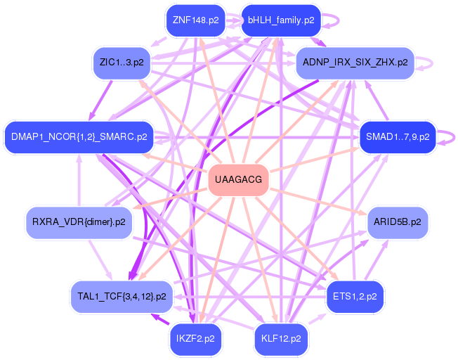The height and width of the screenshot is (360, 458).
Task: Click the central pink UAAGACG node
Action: (239, 180)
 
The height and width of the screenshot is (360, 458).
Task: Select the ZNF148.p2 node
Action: (195, 20)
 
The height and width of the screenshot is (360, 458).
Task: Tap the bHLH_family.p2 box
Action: (281, 20)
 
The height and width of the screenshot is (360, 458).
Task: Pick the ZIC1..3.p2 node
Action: (122, 63)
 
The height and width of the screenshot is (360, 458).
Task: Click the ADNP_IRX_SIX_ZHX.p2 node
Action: (355, 63)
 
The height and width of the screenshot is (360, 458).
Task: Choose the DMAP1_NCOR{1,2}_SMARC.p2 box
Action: (79, 136)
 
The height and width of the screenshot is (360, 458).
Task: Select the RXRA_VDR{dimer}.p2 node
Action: (79, 222)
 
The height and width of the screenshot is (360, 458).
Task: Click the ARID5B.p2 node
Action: (398, 222)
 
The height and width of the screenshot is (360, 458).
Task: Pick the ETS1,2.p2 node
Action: (355, 296)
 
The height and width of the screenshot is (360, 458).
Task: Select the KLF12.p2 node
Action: (281, 338)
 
